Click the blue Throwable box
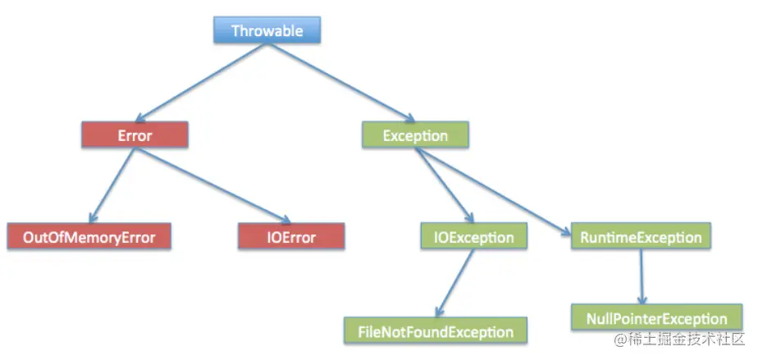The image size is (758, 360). coord(267,31)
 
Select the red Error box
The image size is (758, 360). coord(135,134)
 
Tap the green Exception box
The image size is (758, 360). coord(415,134)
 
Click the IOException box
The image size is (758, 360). coord(473,238)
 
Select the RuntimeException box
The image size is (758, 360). coord(640,238)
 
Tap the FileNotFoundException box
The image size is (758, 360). coord(436,331)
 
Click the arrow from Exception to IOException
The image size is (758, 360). coord(443,185)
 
